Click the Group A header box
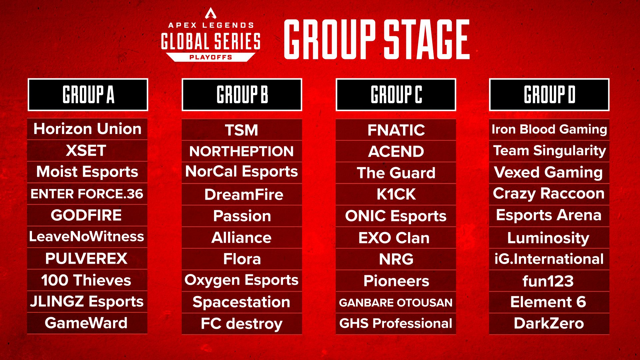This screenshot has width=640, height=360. (88, 95)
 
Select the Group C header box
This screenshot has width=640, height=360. (396, 95)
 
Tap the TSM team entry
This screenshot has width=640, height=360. (242, 130)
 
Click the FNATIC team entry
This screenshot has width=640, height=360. (396, 130)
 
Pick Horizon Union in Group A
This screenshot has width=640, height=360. (87, 129)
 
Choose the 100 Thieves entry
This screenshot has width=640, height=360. (86, 280)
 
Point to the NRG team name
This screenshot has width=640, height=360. (396, 259)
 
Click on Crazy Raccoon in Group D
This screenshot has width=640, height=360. (549, 193)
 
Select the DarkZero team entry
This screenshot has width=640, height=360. (549, 323)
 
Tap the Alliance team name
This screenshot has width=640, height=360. (242, 238)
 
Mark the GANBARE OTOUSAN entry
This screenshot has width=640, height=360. (396, 302)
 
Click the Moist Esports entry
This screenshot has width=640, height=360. (87, 172)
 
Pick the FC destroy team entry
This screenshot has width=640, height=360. (242, 323)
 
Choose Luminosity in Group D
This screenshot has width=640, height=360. (548, 238)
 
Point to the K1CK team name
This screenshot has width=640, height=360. (396, 194)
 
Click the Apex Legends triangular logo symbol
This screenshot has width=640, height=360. (211, 13)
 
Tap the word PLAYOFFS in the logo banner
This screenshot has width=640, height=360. (211, 57)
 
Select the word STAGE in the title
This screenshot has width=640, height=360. (427, 39)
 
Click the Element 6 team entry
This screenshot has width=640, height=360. (548, 302)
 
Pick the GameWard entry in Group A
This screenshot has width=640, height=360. (86, 323)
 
